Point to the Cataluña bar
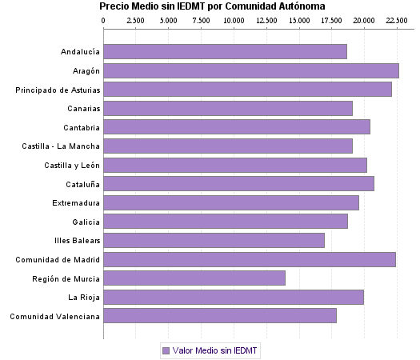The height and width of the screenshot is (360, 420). click(x=239, y=183)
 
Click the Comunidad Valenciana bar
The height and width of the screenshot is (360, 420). click(x=220, y=315)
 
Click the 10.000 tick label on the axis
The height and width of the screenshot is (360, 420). click(x=234, y=20)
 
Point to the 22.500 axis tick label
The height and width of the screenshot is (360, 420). click(x=397, y=20)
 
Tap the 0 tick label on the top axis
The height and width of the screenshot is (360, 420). click(x=104, y=20)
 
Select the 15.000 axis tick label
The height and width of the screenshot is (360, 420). click(x=299, y=20)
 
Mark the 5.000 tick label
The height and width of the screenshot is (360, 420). click(x=169, y=20)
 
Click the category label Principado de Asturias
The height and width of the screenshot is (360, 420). click(x=58, y=90)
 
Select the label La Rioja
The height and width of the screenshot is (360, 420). click(x=84, y=297)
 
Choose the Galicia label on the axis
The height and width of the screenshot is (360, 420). click(x=86, y=222)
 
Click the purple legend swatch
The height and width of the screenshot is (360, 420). click(x=166, y=350)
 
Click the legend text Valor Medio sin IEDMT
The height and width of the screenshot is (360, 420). click(x=215, y=350)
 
